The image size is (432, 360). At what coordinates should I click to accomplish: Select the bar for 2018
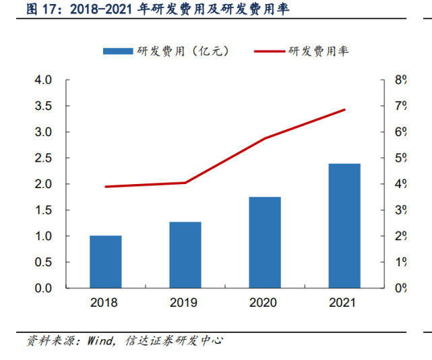pos(106,262)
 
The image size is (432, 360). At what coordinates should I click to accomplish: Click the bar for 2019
pos(185,255)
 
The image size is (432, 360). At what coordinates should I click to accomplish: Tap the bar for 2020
pos(265,242)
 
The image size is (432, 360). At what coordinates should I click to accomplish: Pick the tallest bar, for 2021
pos(344,225)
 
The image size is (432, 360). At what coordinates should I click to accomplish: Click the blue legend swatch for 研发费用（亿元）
pos(118,51)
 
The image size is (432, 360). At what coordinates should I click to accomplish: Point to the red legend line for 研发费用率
pos(269,51)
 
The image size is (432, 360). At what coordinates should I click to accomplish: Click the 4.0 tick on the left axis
pos(43,80)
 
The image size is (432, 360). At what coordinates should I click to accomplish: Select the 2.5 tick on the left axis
pos(43,158)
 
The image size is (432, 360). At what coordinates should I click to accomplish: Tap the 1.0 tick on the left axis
pos(43,237)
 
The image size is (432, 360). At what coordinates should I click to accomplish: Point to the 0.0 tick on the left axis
pos(43,289)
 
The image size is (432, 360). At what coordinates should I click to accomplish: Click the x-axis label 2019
pos(184,303)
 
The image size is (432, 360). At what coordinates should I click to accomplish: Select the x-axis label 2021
pos(343,303)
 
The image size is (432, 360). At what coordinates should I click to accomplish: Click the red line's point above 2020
pos(265,138)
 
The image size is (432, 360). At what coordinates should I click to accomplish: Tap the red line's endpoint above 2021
pos(344,110)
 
